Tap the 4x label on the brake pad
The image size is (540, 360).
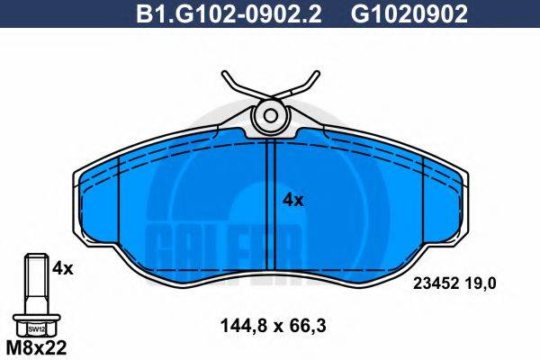292,200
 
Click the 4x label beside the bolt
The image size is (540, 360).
62,267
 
